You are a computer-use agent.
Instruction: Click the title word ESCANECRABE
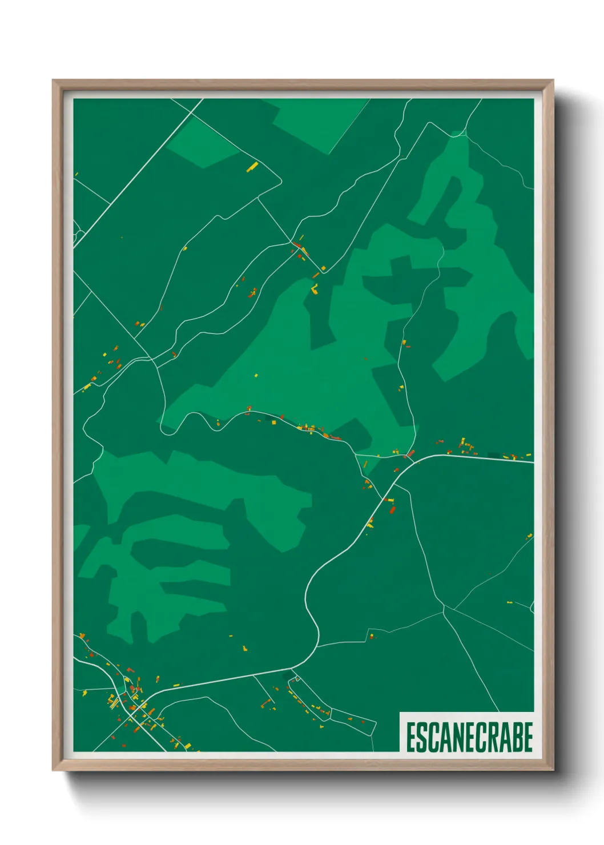point(469,737)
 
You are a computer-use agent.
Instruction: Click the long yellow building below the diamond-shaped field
point(252,167)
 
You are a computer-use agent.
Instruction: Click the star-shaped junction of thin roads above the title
point(444,609)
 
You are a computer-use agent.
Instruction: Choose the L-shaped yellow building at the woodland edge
point(314,289)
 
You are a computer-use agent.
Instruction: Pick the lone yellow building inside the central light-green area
point(256,375)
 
